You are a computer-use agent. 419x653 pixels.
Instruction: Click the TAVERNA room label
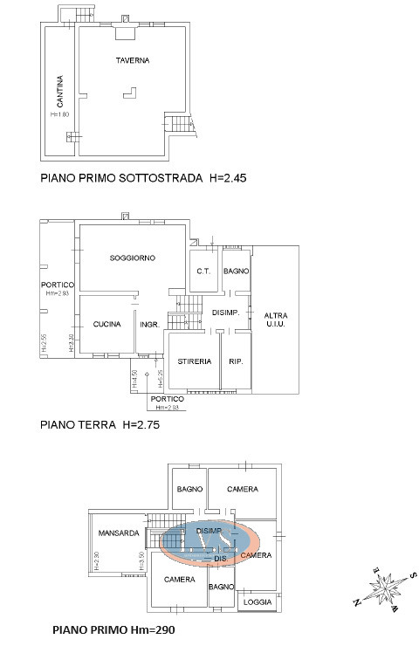click(134, 60)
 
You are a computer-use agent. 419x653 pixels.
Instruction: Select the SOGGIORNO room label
click(133, 258)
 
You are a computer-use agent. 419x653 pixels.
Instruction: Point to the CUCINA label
click(106, 325)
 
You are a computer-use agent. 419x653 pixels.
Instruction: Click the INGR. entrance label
click(148, 325)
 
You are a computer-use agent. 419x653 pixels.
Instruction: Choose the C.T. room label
click(204, 272)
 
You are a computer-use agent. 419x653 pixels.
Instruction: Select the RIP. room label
click(235, 361)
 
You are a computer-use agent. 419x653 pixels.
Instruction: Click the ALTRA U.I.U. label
click(277, 320)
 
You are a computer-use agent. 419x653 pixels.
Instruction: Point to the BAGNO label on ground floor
click(237, 272)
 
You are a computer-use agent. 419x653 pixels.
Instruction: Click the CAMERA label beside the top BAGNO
click(242, 489)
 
